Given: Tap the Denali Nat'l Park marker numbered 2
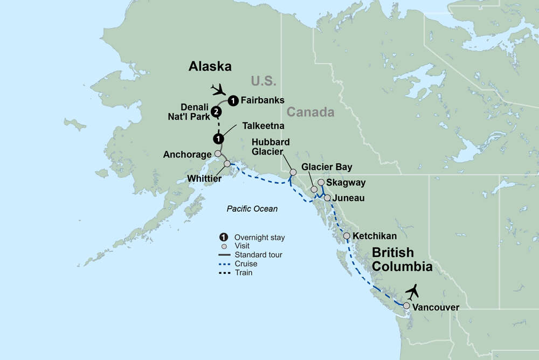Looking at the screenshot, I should click(x=216, y=112).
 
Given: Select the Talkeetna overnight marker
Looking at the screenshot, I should click(x=218, y=139).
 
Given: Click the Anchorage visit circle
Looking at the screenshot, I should click(x=218, y=154).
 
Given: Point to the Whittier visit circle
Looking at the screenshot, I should click(x=227, y=163).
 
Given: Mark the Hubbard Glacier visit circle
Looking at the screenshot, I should click(x=293, y=172).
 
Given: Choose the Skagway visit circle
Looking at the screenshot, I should click(x=321, y=182).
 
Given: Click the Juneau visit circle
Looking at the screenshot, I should click(x=327, y=198).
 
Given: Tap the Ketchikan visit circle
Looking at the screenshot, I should click(x=347, y=236).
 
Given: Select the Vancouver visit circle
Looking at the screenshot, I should click(x=406, y=306).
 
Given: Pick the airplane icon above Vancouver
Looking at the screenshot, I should click(x=413, y=292).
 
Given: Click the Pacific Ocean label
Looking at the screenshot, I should click(x=252, y=209).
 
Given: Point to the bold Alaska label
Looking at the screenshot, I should click(x=210, y=67).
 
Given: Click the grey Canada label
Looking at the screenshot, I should click(x=310, y=112).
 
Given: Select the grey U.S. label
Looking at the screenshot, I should click(x=263, y=81).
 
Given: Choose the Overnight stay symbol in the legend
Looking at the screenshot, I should click(x=223, y=237).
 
